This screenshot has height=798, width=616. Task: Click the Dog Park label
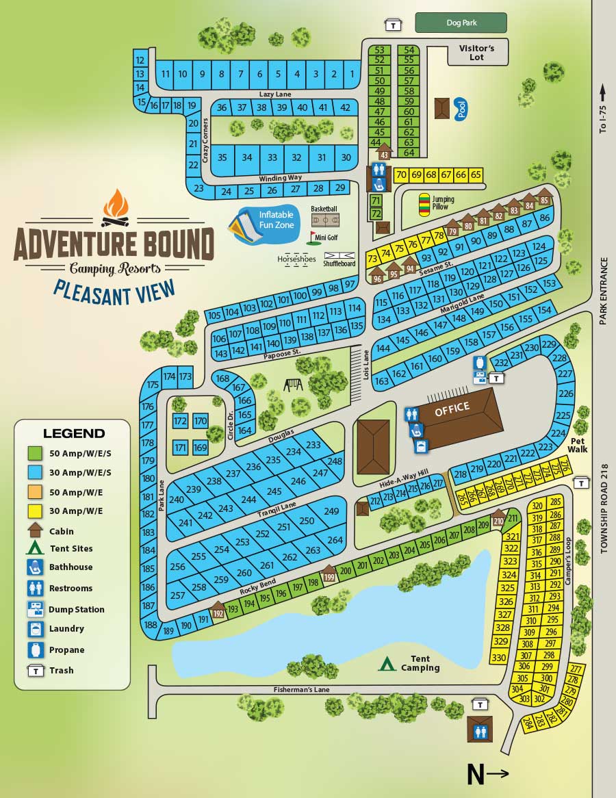(x=461, y=23)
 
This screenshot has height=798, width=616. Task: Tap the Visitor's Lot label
(x=477, y=53)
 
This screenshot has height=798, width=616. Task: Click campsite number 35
(x=222, y=157)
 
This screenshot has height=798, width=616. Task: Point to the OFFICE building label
(x=452, y=409)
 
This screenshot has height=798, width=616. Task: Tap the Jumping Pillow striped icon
(x=424, y=204)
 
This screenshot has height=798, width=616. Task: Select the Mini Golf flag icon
(x=313, y=237)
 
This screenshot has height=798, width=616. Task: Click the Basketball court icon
(x=325, y=220)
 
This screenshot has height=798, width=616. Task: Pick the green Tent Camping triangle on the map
(x=387, y=662)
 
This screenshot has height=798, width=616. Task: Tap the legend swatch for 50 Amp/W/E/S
(x=35, y=453)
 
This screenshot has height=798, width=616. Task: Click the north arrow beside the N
(x=499, y=773)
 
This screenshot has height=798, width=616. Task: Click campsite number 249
(x=331, y=511)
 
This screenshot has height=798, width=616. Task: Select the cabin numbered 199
(x=329, y=576)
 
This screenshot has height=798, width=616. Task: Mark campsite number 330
(x=499, y=657)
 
